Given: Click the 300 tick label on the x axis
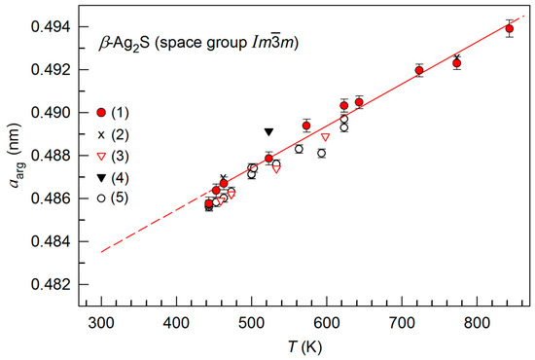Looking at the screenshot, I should (101, 324).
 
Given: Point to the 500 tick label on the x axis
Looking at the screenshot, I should (251, 324).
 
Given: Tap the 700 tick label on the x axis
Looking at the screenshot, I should (401, 324).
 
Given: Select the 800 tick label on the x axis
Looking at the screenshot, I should (476, 324).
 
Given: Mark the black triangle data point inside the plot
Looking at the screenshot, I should (269, 131).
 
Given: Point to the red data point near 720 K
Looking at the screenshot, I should (419, 70).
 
